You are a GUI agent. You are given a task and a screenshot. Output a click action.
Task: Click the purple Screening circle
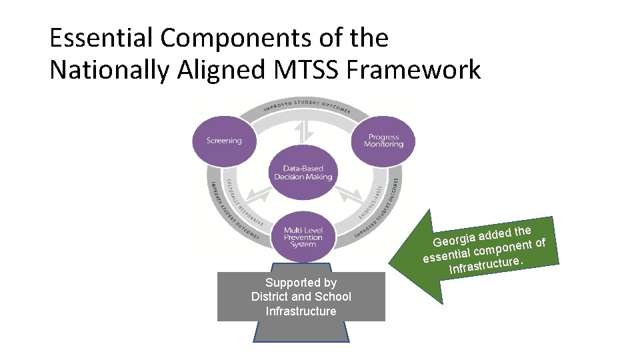[224, 141]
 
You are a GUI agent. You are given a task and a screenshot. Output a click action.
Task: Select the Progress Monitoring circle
[383, 141]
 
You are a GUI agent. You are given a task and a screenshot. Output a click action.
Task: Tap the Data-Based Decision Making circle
[303, 172]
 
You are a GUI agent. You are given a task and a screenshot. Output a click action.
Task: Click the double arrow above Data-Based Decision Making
[305, 131]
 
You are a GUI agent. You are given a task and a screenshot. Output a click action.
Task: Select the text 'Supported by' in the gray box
[301, 283]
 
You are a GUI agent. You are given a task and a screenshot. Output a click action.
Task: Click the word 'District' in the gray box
[270, 297]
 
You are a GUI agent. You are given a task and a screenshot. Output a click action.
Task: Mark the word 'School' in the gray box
[331, 297]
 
